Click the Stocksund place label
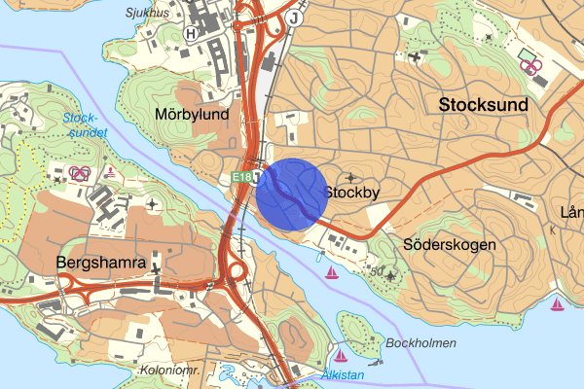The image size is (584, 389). (x=483, y=104)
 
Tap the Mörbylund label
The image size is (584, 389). (x=192, y=114)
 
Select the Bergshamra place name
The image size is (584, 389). (x=100, y=264)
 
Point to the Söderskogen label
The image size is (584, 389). (x=449, y=245)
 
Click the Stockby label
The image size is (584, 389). (x=351, y=194)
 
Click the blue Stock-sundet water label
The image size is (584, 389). (x=83, y=125)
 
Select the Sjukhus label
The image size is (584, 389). (x=147, y=14)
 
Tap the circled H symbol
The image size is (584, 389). (x=191, y=32)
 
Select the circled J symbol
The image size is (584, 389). (x=295, y=18)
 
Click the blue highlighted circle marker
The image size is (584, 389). (x=291, y=194)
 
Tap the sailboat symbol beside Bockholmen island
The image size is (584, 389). (x=341, y=353)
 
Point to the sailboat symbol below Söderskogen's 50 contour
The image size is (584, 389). (x=333, y=271)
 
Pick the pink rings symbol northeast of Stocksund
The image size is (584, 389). (x=530, y=66)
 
